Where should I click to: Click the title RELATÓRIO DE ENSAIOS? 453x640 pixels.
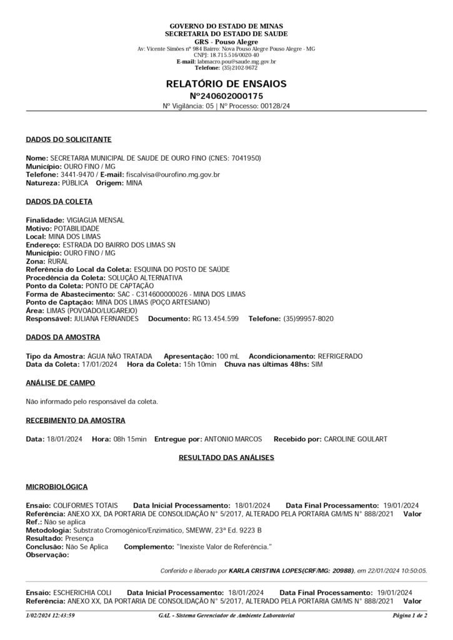226,83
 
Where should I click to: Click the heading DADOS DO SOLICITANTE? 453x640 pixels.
69,139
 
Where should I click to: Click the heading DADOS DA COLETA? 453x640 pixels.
59,202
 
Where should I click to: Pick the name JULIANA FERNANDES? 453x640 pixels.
106,319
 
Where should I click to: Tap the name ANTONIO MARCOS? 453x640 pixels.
234,439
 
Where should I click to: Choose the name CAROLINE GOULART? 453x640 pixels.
356,439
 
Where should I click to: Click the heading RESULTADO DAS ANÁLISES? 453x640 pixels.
226,458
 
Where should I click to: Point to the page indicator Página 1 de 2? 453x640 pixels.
409,616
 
